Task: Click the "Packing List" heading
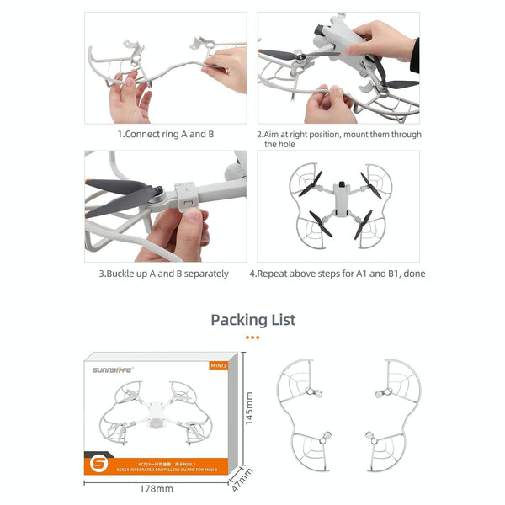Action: pos(252,320)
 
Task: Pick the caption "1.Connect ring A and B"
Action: pos(165,134)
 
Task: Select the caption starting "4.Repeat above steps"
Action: pos(337,274)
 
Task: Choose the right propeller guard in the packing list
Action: pos(388,412)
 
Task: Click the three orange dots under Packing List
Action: pos(252,338)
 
